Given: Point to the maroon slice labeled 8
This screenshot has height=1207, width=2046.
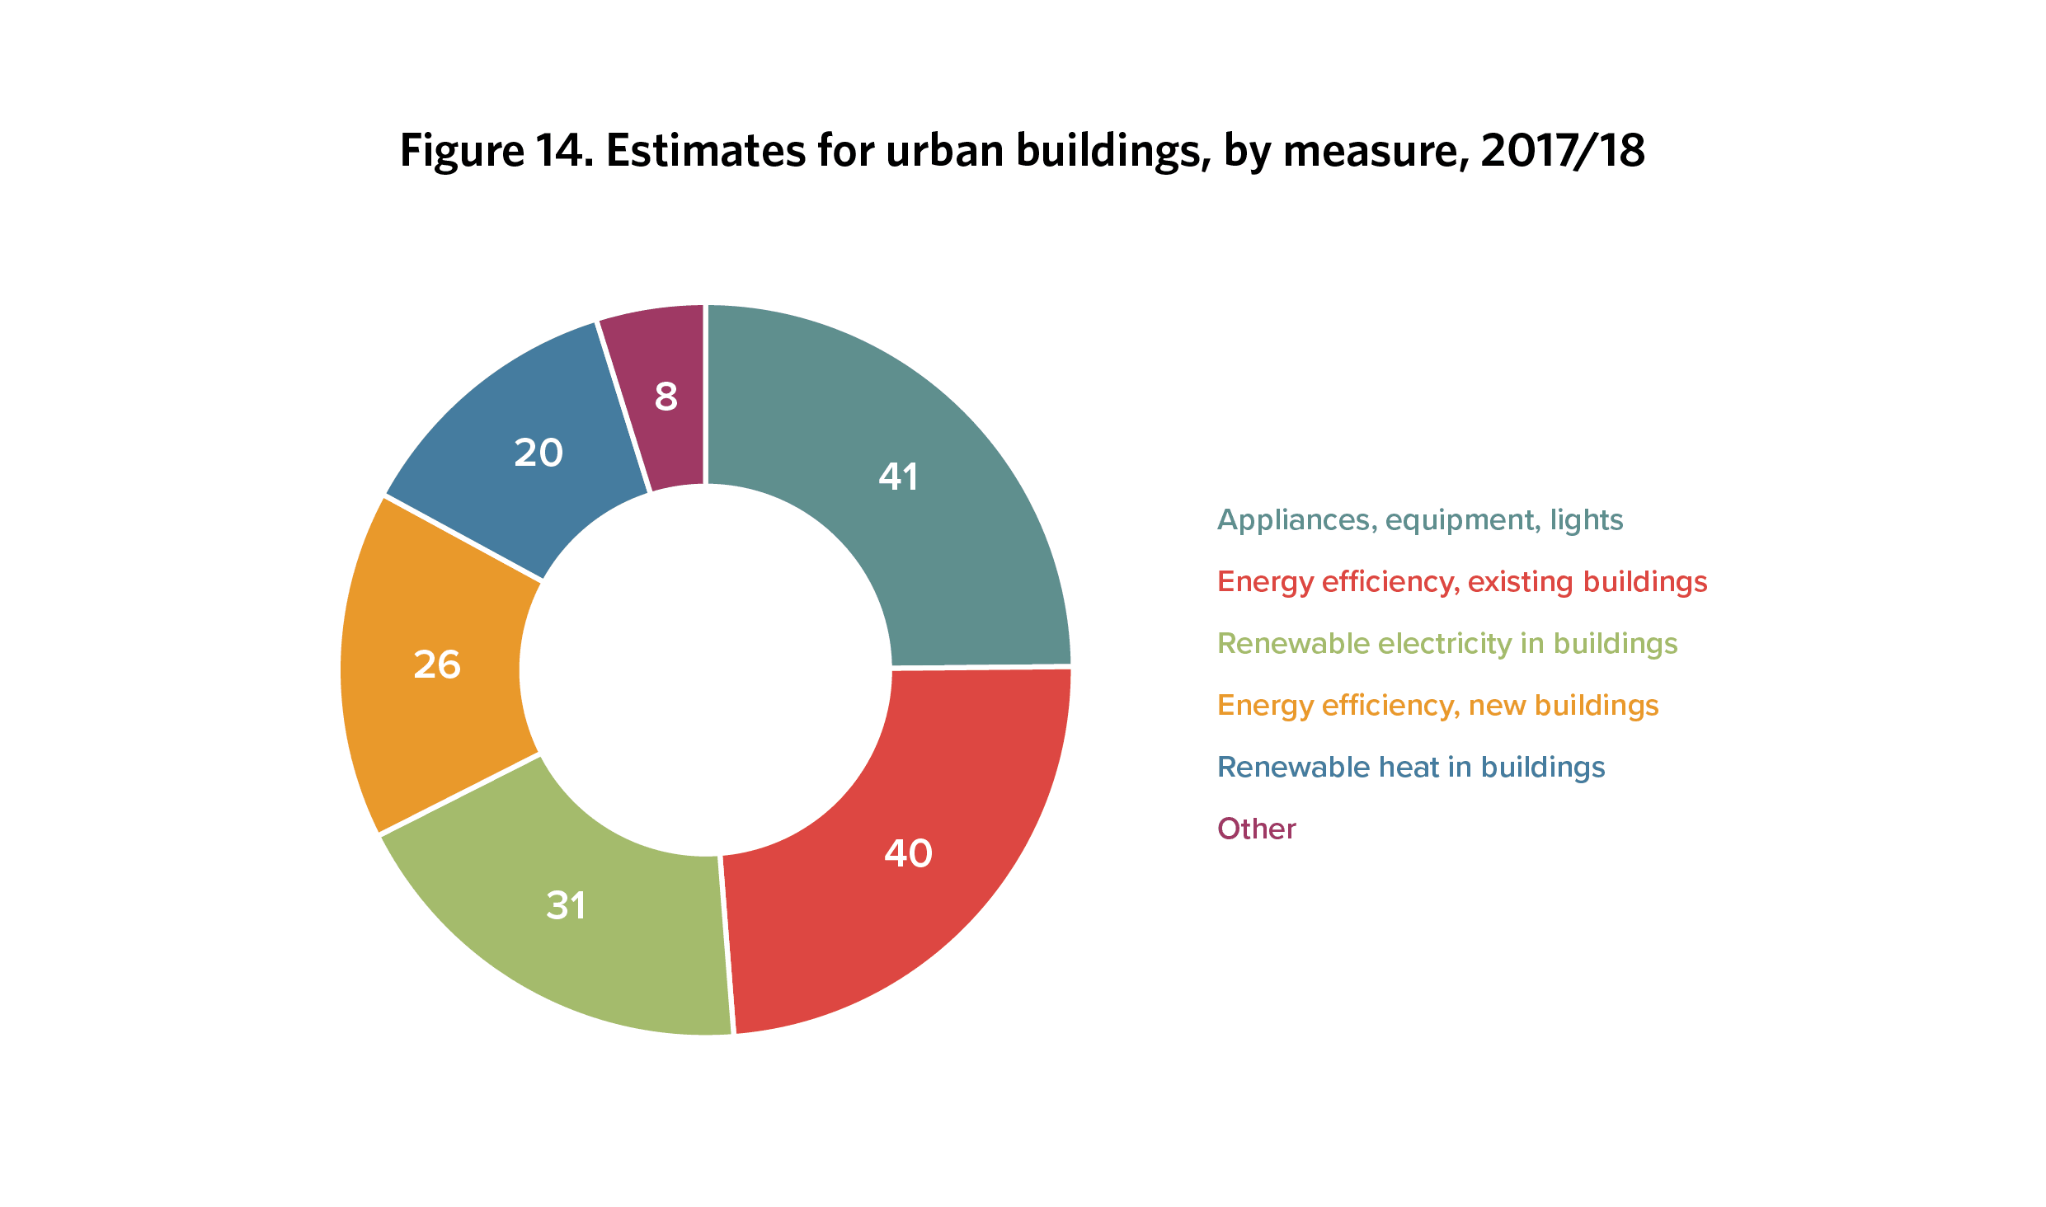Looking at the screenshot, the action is pyautogui.click(x=664, y=396).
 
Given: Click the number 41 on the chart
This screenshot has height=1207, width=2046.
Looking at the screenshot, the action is pyautogui.click(x=898, y=477).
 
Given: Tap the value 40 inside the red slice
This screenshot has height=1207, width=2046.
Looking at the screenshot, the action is pyautogui.click(x=908, y=852).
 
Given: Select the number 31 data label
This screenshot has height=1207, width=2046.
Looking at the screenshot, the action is pyautogui.click(x=566, y=905).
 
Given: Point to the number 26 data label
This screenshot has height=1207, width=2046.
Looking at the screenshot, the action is pyautogui.click(x=437, y=665).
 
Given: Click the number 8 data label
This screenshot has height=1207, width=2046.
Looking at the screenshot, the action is pyautogui.click(x=666, y=397).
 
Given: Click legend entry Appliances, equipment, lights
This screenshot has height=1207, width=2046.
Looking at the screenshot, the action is pyautogui.click(x=1420, y=520).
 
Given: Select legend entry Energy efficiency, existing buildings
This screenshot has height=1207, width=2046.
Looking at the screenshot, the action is pyautogui.click(x=1462, y=582).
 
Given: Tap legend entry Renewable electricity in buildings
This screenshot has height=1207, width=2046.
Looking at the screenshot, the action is pyautogui.click(x=1447, y=644).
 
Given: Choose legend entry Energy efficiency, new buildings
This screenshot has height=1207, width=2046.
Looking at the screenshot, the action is pyautogui.click(x=1438, y=706).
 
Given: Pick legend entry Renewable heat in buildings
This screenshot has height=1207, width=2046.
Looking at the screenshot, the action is pyautogui.click(x=1411, y=768).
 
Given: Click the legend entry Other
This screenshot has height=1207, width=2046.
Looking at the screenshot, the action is pyautogui.click(x=1257, y=829).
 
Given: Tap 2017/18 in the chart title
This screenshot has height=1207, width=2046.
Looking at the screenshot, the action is pyautogui.click(x=1563, y=151).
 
